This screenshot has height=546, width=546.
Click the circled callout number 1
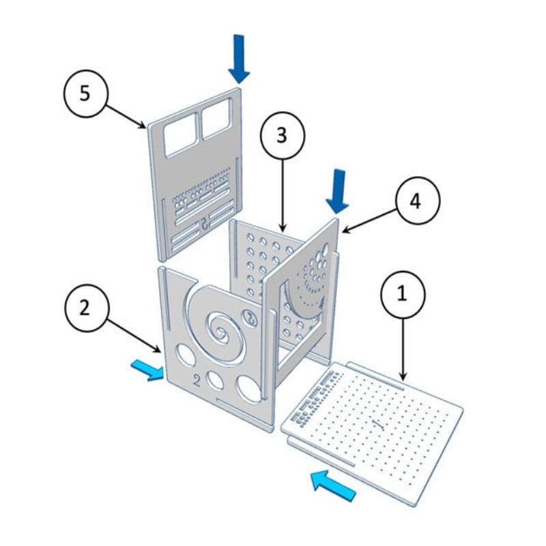402,295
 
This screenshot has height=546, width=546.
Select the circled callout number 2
85,308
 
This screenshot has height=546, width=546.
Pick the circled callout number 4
415,202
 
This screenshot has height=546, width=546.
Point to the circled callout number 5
84,94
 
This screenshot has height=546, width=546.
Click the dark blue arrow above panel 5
239,58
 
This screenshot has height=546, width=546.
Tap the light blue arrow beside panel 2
147,369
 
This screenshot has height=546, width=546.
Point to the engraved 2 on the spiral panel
197,379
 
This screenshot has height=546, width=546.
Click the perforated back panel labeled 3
259,259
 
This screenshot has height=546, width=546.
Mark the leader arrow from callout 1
403,348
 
